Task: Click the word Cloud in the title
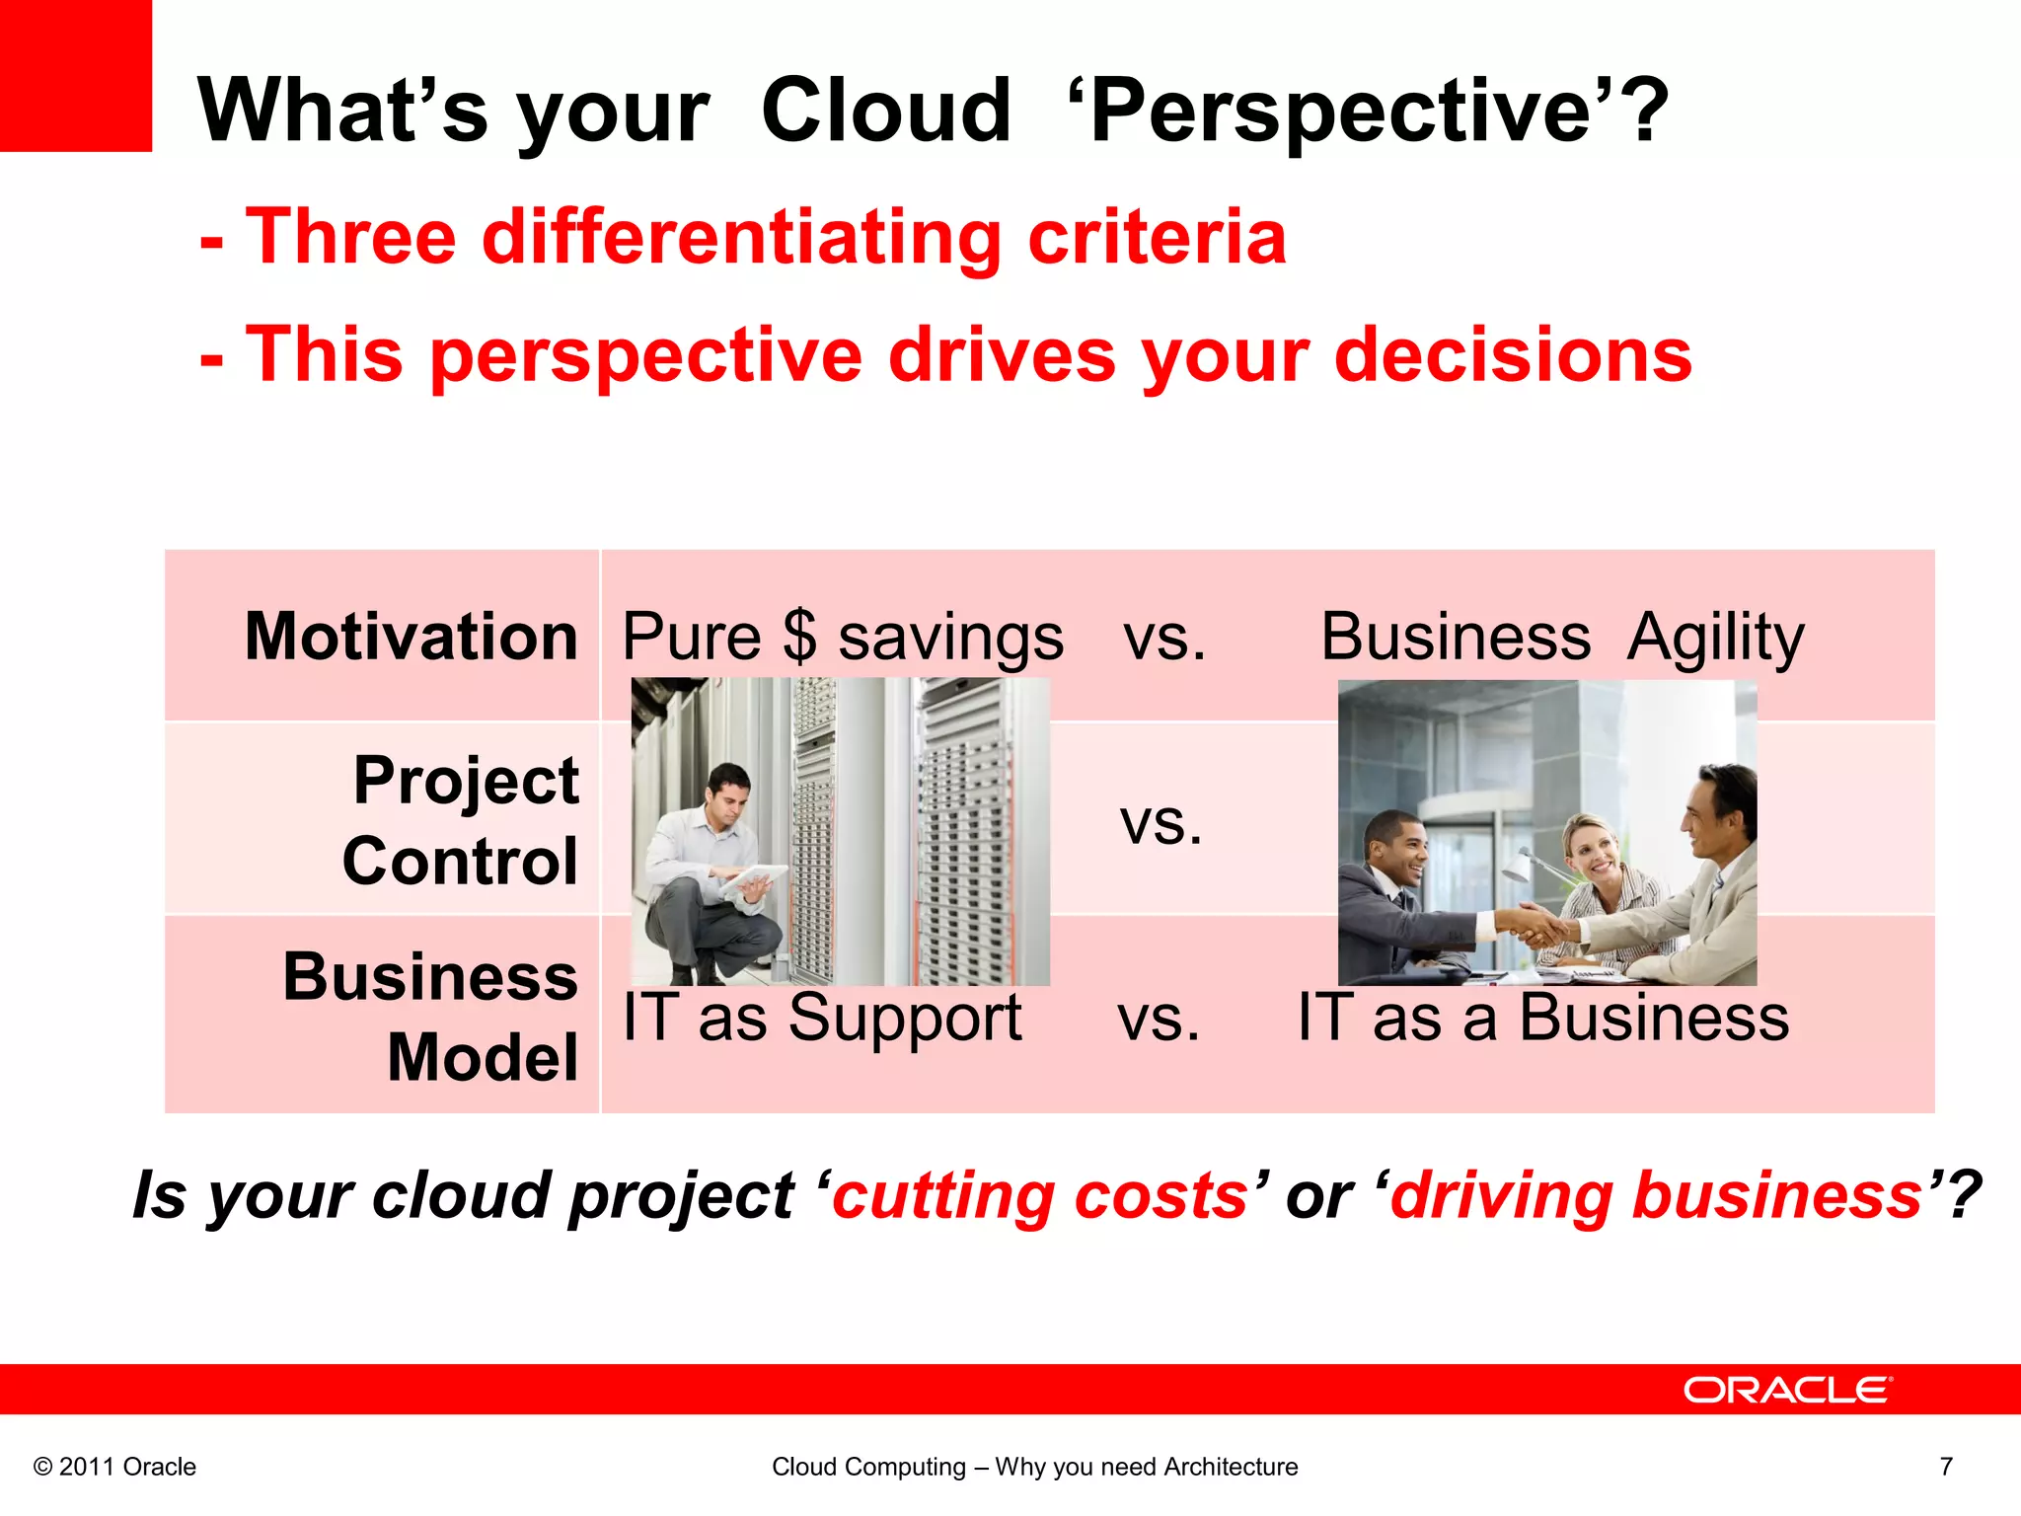pyautogui.click(x=885, y=111)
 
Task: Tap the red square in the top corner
pyautogui.click(x=75, y=75)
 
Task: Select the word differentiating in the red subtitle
pyautogui.click(x=741, y=238)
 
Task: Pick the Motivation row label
pyautogui.click(x=411, y=637)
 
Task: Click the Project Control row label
pyautogui.click(x=461, y=820)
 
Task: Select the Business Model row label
pyautogui.click(x=431, y=1017)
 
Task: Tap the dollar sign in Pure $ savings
pyautogui.click(x=799, y=637)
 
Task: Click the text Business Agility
pyautogui.click(x=1562, y=637)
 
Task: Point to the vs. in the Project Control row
pyautogui.click(x=1161, y=822)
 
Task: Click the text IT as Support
pyautogui.click(x=822, y=1017)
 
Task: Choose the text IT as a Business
pyautogui.click(x=1542, y=1017)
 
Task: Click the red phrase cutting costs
pyautogui.click(x=1041, y=1196)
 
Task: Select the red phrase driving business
pyautogui.click(x=1657, y=1196)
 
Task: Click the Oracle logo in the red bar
pyautogui.click(x=1787, y=1390)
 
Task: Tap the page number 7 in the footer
pyautogui.click(x=1946, y=1467)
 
